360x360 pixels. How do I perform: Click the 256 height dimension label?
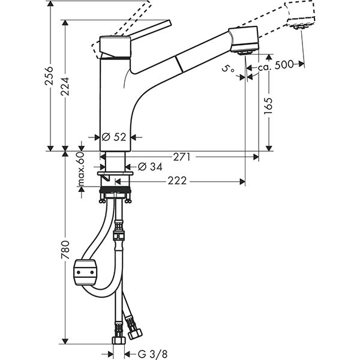click(51, 76)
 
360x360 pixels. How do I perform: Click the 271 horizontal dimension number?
click(182, 157)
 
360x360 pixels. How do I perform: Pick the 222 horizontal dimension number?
click(176, 181)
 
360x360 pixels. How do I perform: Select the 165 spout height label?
click(268, 106)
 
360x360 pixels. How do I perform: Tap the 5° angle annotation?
click(228, 70)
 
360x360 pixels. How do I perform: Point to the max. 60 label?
click(81, 169)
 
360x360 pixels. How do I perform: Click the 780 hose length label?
click(65, 250)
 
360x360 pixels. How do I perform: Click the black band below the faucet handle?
click(115, 58)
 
